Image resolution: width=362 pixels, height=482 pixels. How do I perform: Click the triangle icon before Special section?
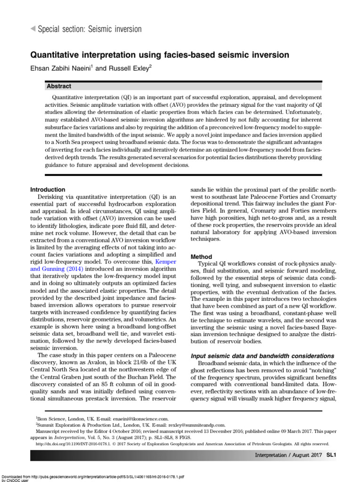pyautogui.click(x=33, y=29)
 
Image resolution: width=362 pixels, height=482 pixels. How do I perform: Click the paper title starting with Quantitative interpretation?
pyautogui.click(x=160, y=55)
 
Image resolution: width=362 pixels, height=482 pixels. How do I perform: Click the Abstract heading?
pyautogui.click(x=59, y=87)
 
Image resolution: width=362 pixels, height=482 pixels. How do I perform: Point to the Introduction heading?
pyautogui.click(x=48, y=189)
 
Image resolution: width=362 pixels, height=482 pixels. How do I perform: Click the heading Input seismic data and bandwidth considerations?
pyautogui.click(x=262, y=355)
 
